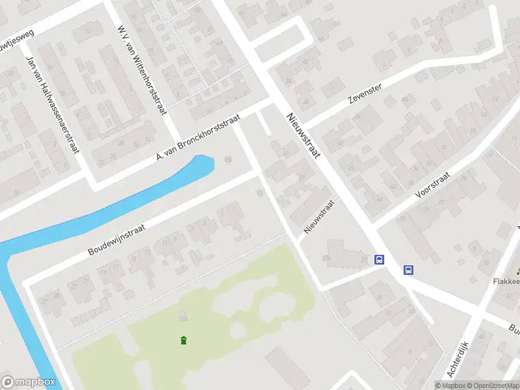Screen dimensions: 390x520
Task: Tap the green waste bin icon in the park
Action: pyautogui.click(x=184, y=340)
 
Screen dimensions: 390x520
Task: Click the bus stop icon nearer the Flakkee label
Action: pyautogui.click(x=409, y=270)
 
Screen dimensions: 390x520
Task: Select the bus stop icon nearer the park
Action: pyautogui.click(x=379, y=260)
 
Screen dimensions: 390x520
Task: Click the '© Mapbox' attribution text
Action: pyautogui.click(x=449, y=385)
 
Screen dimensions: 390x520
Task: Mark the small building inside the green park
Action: pyautogui.click(x=182, y=318)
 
